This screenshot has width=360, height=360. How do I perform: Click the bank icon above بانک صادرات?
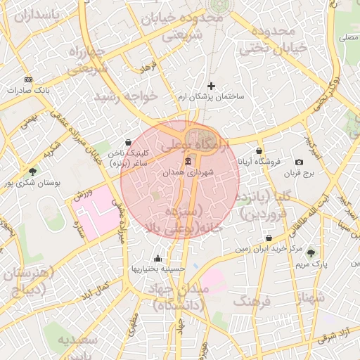(x=28, y=79)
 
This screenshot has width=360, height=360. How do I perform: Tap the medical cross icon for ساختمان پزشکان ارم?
(x=210, y=86)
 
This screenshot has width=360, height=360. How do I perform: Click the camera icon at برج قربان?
(x=300, y=162)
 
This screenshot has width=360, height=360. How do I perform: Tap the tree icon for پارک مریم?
(x=311, y=252)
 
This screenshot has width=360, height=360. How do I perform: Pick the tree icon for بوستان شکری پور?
(x=32, y=172)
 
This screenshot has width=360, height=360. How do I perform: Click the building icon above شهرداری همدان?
(x=187, y=162)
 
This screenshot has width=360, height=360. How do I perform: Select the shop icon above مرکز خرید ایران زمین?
(x=269, y=238)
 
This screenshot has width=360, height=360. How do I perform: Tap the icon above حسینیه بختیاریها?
(x=157, y=258)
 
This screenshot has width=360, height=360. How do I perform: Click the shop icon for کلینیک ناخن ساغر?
(x=127, y=142)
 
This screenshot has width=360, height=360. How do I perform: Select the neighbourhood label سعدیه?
(x=75, y=341)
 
